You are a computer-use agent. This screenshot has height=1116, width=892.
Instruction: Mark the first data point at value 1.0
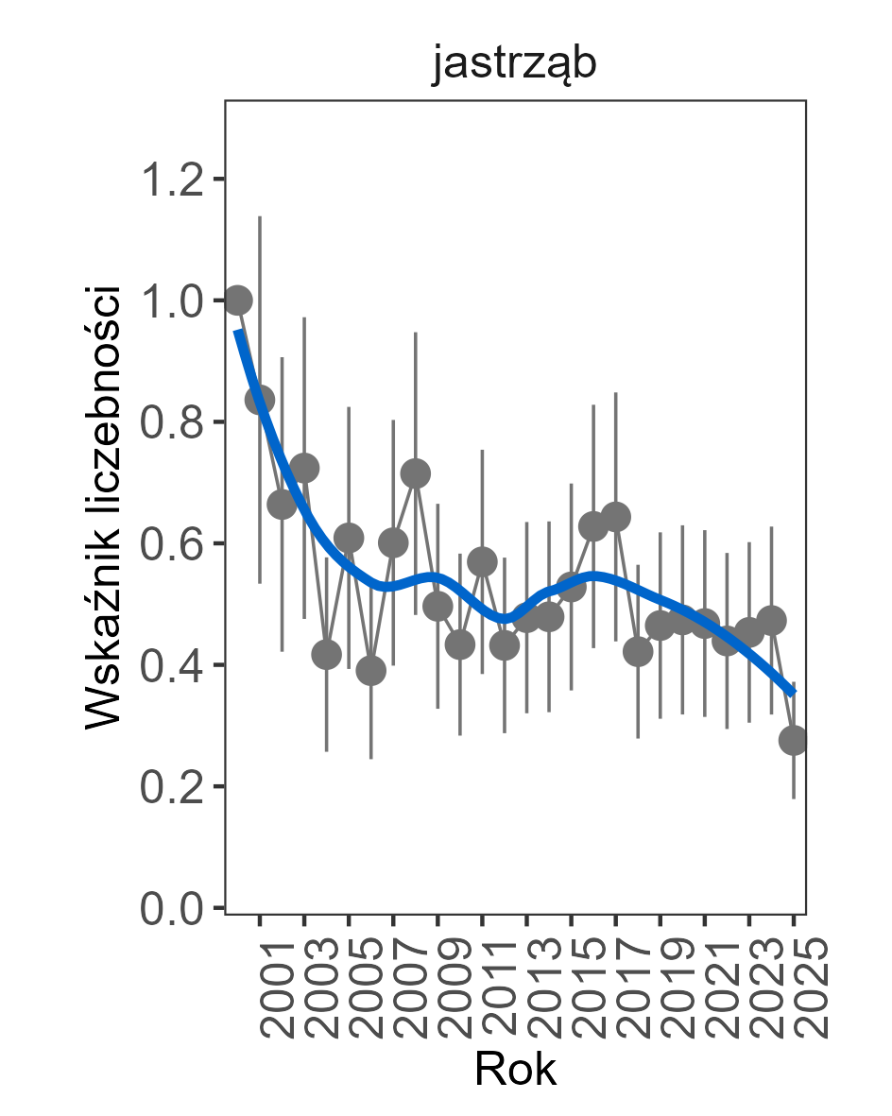(237, 300)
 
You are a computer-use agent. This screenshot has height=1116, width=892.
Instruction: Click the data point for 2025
(794, 740)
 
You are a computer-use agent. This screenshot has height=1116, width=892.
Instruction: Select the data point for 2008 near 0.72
(415, 472)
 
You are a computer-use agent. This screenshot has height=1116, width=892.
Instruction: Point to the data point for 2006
(370, 670)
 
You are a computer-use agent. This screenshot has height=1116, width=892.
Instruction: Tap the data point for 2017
(615, 517)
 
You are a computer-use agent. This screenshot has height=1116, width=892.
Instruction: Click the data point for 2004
(326, 655)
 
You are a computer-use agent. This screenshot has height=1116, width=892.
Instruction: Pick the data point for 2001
(260, 400)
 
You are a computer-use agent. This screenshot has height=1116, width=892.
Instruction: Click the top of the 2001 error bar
(260, 216)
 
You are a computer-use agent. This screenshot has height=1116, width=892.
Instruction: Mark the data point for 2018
(638, 652)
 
